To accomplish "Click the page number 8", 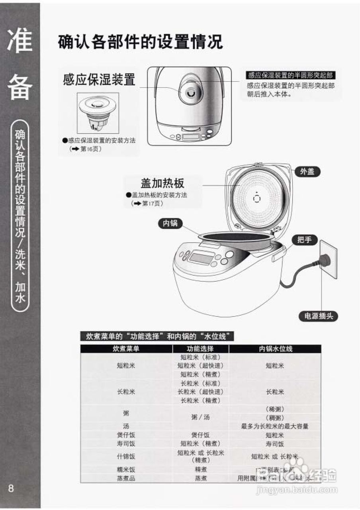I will tap(11, 488).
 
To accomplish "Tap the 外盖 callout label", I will tap(307, 172).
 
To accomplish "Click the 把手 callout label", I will tap(305, 239).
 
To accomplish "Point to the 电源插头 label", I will tap(318, 316).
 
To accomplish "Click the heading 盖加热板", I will tap(162, 183).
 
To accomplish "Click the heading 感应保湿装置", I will tap(99, 79).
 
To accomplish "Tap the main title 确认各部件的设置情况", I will tap(140, 42).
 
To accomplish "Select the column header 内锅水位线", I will tap(276, 349).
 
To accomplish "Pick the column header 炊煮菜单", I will tap(126, 349).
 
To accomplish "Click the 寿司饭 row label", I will tap(126, 443).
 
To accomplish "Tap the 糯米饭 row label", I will tap(126, 469).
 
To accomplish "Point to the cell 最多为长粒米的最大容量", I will tap(275, 426).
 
